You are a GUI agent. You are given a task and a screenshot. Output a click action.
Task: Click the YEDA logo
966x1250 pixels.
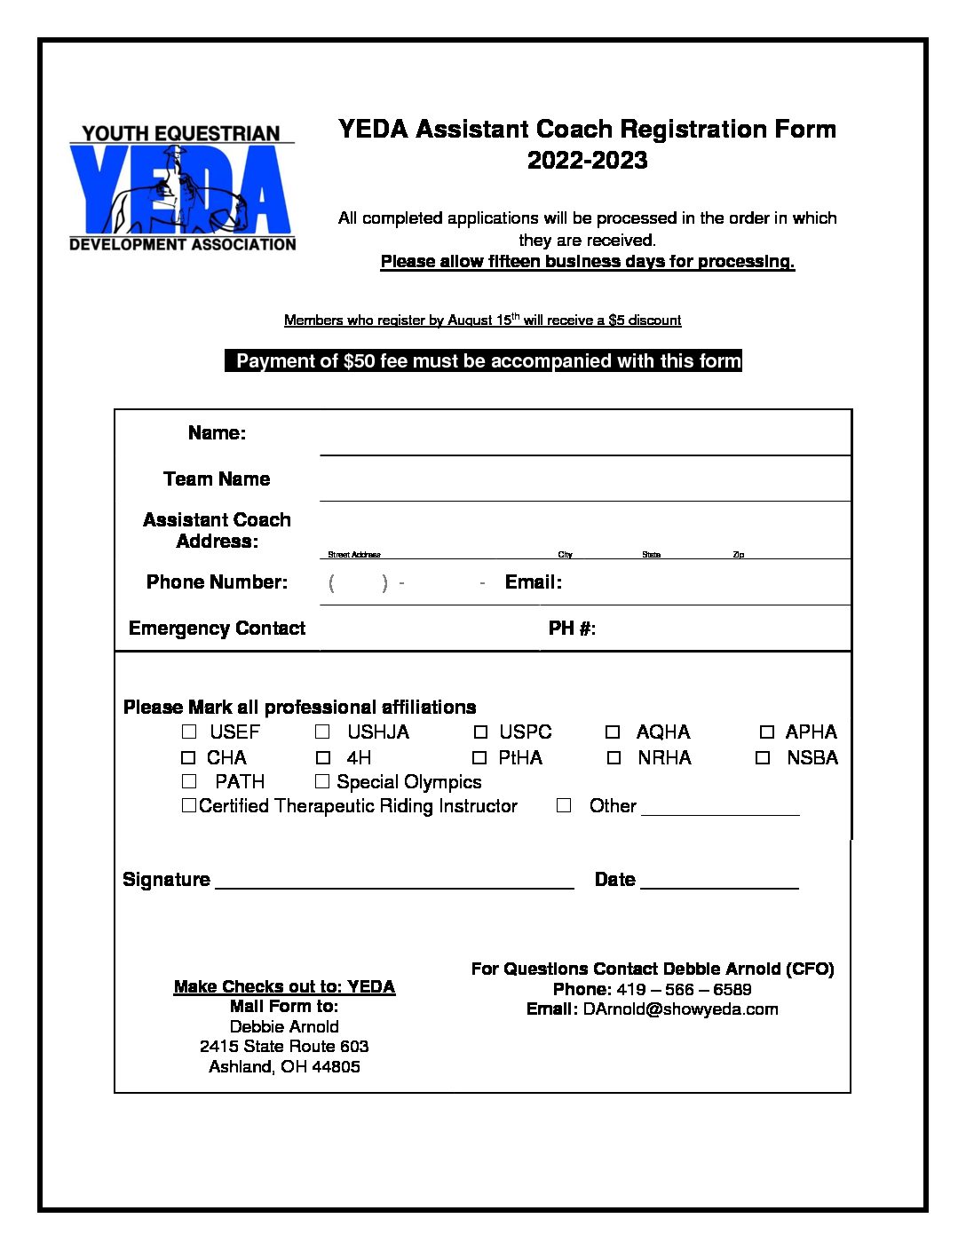click(x=182, y=187)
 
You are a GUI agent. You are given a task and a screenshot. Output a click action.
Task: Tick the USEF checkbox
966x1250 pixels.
click(x=189, y=732)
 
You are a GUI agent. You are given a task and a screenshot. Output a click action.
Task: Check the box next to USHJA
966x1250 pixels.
click(x=322, y=732)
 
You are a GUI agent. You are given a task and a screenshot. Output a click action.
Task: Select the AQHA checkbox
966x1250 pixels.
click(x=613, y=732)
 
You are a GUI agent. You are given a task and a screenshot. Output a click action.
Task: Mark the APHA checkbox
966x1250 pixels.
click(x=767, y=732)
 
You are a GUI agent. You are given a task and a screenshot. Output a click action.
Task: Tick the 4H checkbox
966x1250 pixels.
click(x=323, y=758)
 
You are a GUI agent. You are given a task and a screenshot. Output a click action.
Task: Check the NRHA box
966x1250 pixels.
click(x=614, y=758)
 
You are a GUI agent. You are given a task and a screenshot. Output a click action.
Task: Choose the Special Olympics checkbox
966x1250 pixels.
click(x=322, y=781)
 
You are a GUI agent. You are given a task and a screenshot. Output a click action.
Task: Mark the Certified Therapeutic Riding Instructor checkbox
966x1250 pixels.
click(x=189, y=805)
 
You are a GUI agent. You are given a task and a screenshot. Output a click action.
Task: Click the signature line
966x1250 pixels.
click(x=395, y=883)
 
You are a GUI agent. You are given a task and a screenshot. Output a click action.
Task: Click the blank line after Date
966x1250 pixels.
click(x=719, y=883)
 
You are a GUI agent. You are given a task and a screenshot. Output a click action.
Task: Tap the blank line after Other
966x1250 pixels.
click(x=720, y=810)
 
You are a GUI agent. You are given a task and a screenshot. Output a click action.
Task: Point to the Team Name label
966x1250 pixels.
click(x=217, y=479)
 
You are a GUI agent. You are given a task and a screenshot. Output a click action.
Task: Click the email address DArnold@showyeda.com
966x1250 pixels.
click(x=680, y=1009)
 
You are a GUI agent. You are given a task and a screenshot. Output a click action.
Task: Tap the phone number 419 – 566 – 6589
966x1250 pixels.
click(x=684, y=989)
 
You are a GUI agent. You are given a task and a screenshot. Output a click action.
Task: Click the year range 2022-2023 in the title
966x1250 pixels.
click(x=587, y=161)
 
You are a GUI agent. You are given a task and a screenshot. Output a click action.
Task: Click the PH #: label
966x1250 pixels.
click(x=572, y=629)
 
